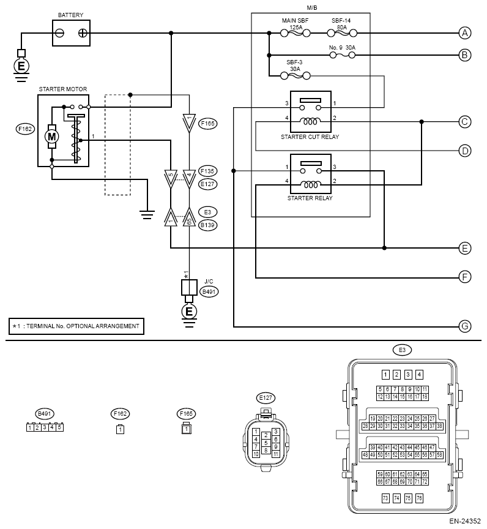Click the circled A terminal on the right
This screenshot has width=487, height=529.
(466, 32)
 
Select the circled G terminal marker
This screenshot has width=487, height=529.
(466, 326)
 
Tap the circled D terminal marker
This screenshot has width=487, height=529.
(466, 150)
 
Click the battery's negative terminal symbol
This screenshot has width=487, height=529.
(59, 32)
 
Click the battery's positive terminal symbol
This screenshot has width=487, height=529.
(82, 32)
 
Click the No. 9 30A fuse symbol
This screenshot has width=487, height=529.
(341, 55)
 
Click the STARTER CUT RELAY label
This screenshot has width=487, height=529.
(309, 137)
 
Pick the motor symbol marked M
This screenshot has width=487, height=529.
(52, 135)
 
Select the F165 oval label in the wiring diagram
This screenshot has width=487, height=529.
(208, 123)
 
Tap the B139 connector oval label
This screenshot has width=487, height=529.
(208, 225)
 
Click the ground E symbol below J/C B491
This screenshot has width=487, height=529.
(189, 312)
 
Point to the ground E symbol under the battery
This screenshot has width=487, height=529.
(21, 66)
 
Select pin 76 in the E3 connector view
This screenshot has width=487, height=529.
(419, 498)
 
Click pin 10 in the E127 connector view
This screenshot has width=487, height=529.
(256, 454)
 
